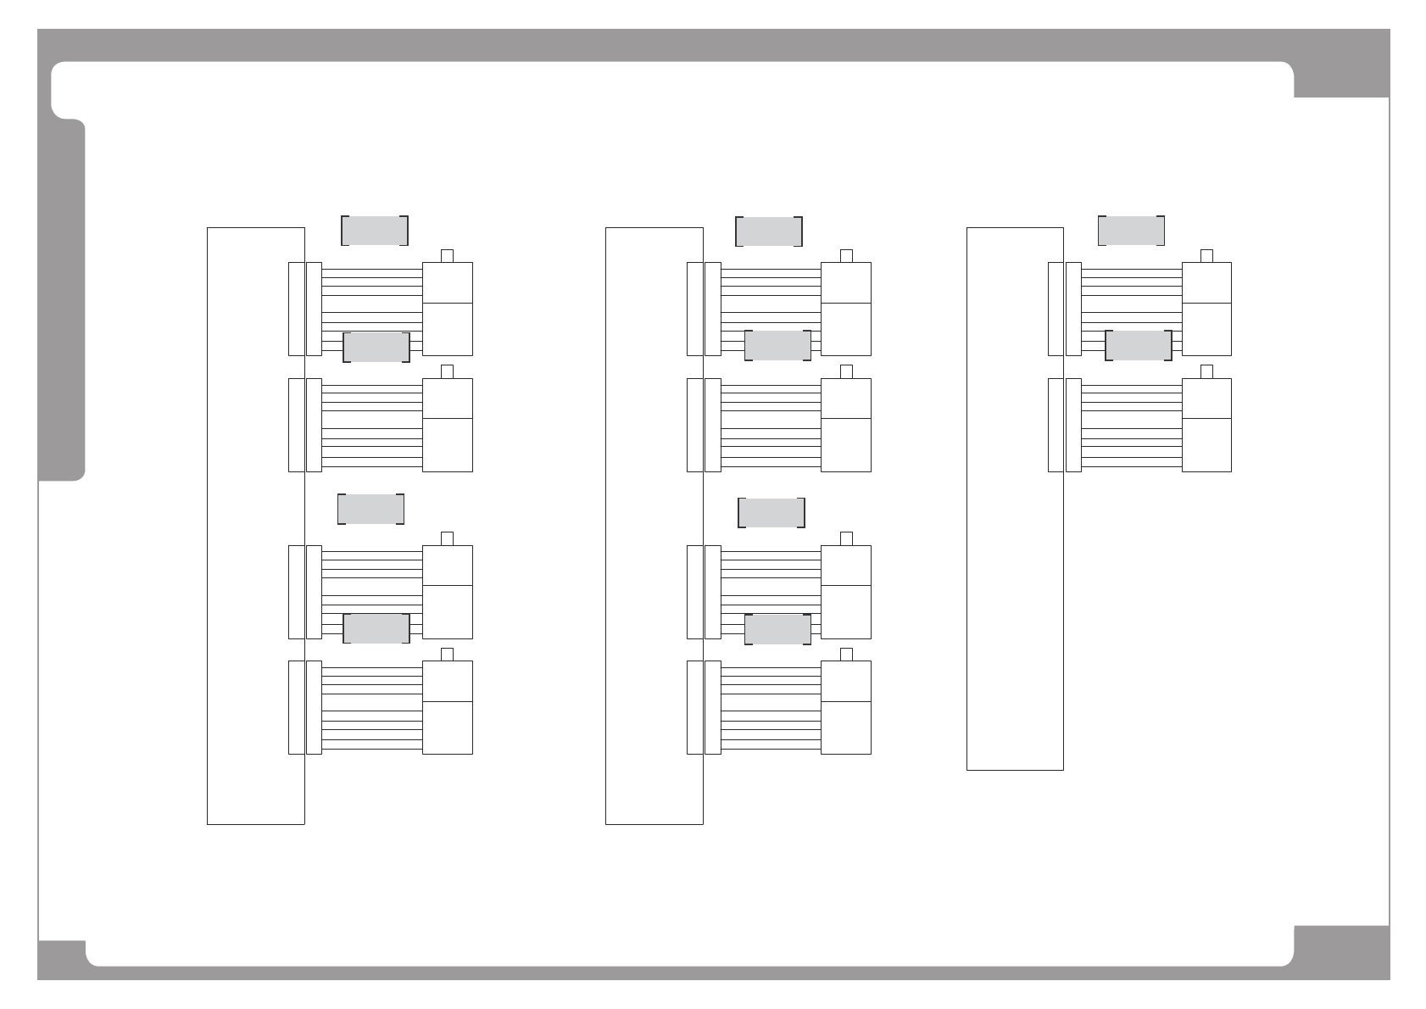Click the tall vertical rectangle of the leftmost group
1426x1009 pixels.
click(x=255, y=526)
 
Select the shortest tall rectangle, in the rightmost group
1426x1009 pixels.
click(x=1015, y=499)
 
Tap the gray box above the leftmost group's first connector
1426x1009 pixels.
click(x=375, y=231)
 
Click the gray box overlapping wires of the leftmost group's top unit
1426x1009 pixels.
click(x=376, y=347)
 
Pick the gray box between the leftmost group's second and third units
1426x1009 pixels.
click(x=370, y=509)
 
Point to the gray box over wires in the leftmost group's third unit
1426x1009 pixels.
click(x=376, y=628)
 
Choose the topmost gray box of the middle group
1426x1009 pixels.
click(x=769, y=231)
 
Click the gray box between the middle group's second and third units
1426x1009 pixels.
click(x=771, y=513)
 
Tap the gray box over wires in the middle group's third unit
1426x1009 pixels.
click(x=777, y=628)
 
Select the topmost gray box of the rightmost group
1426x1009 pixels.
click(x=1131, y=231)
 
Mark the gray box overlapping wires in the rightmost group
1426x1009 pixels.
click(x=1139, y=345)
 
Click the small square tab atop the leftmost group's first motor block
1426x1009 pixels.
click(x=448, y=256)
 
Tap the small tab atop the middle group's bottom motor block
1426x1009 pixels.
click(x=846, y=654)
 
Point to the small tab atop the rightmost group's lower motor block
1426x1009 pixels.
click(x=1206, y=371)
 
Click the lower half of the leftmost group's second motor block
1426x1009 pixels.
click(x=448, y=444)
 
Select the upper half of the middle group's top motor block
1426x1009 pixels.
click(x=846, y=282)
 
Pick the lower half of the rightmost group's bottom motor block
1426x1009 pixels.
click(x=1206, y=444)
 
